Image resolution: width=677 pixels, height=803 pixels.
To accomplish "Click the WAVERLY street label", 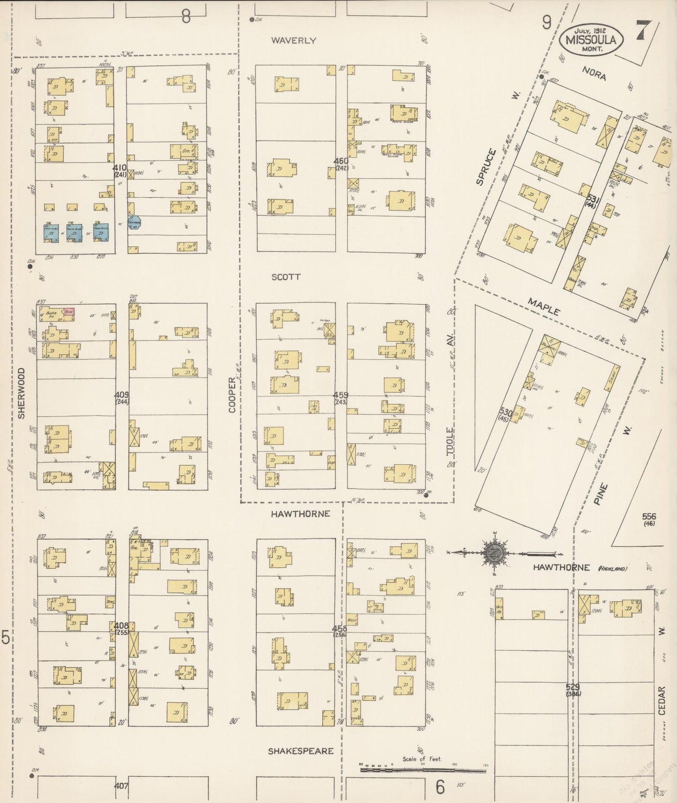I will tap(294, 41).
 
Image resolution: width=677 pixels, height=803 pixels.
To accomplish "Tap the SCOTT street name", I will tap(286, 277).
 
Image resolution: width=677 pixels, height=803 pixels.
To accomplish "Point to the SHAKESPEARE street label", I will tap(301, 751).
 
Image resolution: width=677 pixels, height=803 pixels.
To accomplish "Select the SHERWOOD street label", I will tap(21, 393).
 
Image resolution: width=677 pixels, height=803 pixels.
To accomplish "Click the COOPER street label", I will tap(232, 395).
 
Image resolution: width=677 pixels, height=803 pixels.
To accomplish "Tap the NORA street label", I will tap(594, 74).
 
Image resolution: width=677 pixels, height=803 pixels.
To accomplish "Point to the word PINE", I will tap(601, 494).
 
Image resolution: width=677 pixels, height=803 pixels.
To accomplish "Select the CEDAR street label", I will tap(662, 701).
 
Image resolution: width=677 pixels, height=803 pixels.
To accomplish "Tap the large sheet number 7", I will tap(641, 30).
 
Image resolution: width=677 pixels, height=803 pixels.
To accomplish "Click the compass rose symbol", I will tap(496, 552).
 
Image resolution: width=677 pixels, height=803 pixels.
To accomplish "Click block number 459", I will tap(341, 395).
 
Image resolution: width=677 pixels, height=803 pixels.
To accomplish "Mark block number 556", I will tap(649, 516).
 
